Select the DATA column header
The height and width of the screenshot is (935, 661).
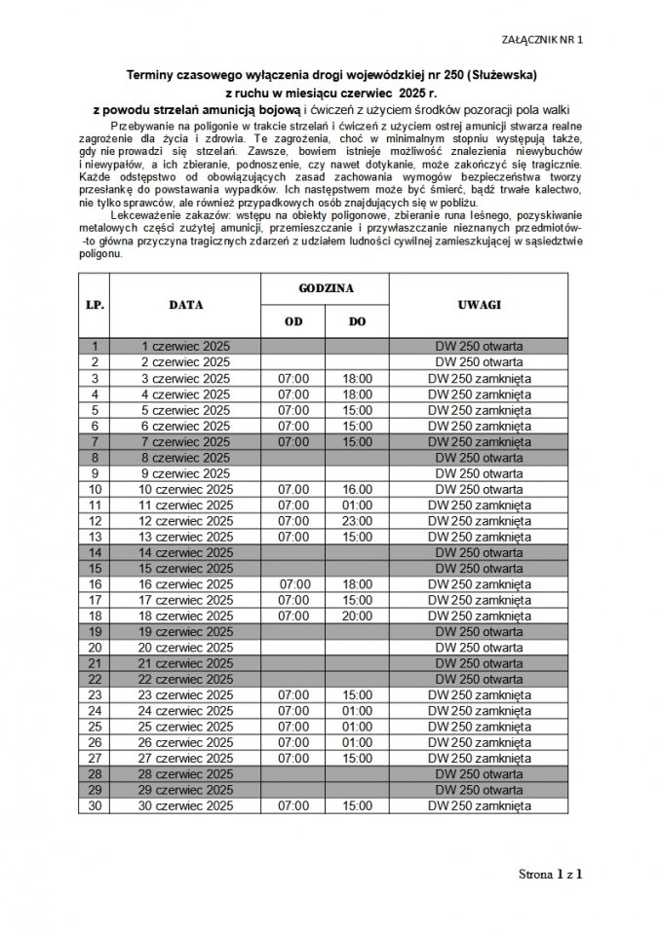185,305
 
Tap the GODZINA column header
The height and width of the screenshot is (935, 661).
325,290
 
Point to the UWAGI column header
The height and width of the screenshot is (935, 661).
478,305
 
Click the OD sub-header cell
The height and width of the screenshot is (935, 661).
292,321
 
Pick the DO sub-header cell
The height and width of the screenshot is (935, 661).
357,321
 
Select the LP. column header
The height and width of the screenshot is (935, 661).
96,305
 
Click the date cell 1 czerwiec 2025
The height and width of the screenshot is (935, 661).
185,346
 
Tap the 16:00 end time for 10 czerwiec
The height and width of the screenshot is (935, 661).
357,489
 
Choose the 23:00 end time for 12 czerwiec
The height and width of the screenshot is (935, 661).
357,520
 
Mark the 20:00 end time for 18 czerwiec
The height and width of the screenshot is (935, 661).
357,616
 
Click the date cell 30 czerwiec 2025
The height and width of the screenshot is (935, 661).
185,806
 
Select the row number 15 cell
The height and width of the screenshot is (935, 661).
96,568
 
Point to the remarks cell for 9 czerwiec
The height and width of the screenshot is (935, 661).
478,473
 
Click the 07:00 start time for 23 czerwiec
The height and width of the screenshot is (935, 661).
292,695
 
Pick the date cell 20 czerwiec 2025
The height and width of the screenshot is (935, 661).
185,648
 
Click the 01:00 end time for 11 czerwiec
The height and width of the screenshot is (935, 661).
357,505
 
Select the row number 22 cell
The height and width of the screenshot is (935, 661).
96,679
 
